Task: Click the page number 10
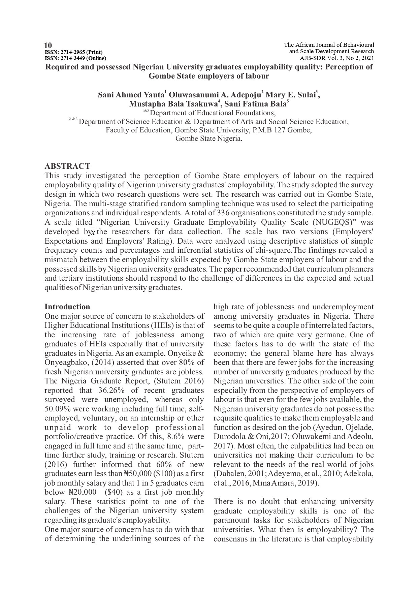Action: click(48, 45)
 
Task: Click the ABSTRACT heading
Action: click(67, 166)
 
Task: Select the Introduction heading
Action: click(67, 307)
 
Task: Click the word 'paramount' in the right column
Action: click(232, 520)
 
